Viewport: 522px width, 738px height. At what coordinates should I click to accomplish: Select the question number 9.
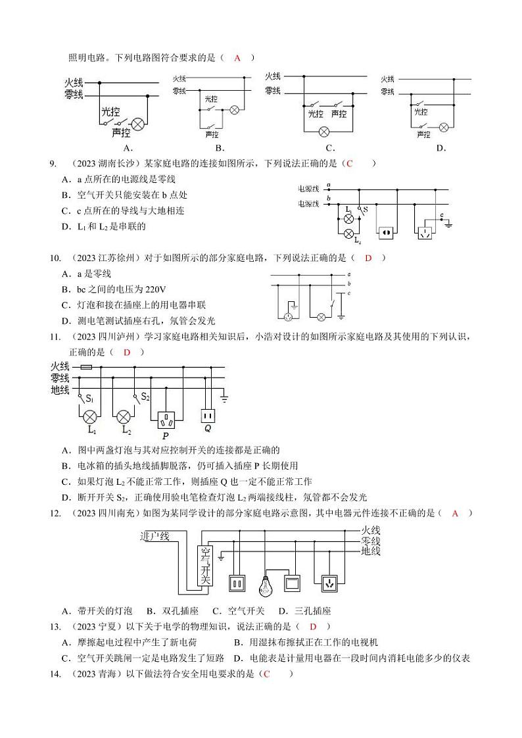click(53, 164)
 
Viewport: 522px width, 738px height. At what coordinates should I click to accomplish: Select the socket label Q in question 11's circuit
click(208, 428)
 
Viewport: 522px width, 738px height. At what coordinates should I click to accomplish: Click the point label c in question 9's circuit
click(442, 215)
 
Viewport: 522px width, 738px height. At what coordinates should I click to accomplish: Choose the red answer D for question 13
click(314, 627)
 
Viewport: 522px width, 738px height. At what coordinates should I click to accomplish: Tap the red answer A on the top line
click(237, 58)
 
